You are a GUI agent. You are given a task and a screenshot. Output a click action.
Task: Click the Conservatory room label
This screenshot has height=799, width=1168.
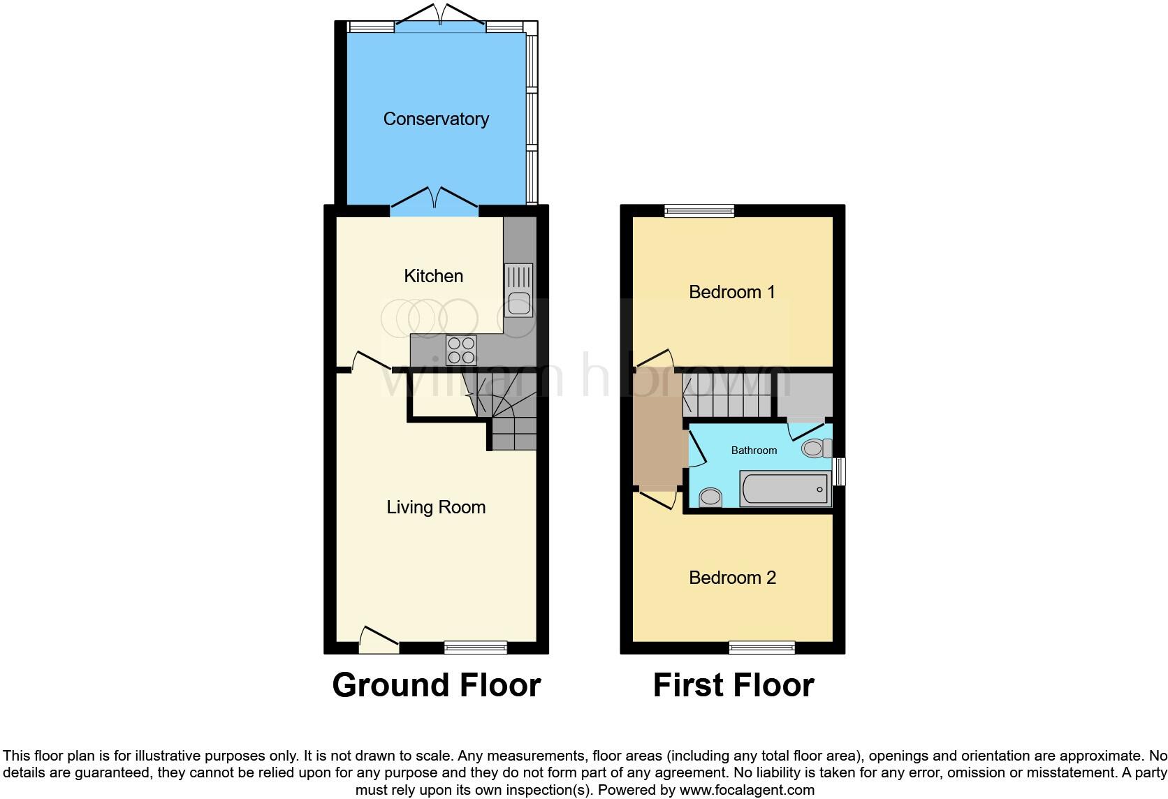pos(436,119)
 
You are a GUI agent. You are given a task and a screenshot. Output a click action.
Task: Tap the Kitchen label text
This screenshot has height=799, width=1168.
pos(433,276)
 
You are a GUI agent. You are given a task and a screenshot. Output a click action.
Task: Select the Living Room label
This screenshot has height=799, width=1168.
pos(436,507)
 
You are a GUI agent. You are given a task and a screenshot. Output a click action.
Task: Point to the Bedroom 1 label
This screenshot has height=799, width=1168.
pos(732,292)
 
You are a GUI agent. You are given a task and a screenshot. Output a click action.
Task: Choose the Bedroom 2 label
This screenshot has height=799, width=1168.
pos(732,578)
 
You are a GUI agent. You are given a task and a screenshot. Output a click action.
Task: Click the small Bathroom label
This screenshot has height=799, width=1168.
pos(754,450)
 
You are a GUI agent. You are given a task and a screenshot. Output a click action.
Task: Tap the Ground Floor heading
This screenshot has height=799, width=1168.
pos(437,685)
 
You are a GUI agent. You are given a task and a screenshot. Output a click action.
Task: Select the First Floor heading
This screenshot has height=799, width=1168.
pos(733,685)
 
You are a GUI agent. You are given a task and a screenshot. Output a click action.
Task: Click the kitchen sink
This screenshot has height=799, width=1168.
pos(518,290)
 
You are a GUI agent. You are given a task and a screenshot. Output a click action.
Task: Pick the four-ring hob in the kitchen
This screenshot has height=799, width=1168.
pos(461,350)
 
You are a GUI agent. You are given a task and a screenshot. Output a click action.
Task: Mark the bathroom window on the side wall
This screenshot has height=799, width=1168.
pos(840,471)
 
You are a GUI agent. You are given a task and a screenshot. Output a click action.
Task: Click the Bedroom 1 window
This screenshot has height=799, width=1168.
pos(699,210)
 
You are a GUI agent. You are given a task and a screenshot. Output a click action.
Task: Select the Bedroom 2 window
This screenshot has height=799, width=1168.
pos(762,647)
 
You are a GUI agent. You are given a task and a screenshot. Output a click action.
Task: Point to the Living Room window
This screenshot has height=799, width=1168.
pos(476,647)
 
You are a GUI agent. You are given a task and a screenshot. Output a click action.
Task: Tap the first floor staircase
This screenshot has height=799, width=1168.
pos(727,396)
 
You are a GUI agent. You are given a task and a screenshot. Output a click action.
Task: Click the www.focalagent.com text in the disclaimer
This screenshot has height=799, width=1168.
pos(747,791)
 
